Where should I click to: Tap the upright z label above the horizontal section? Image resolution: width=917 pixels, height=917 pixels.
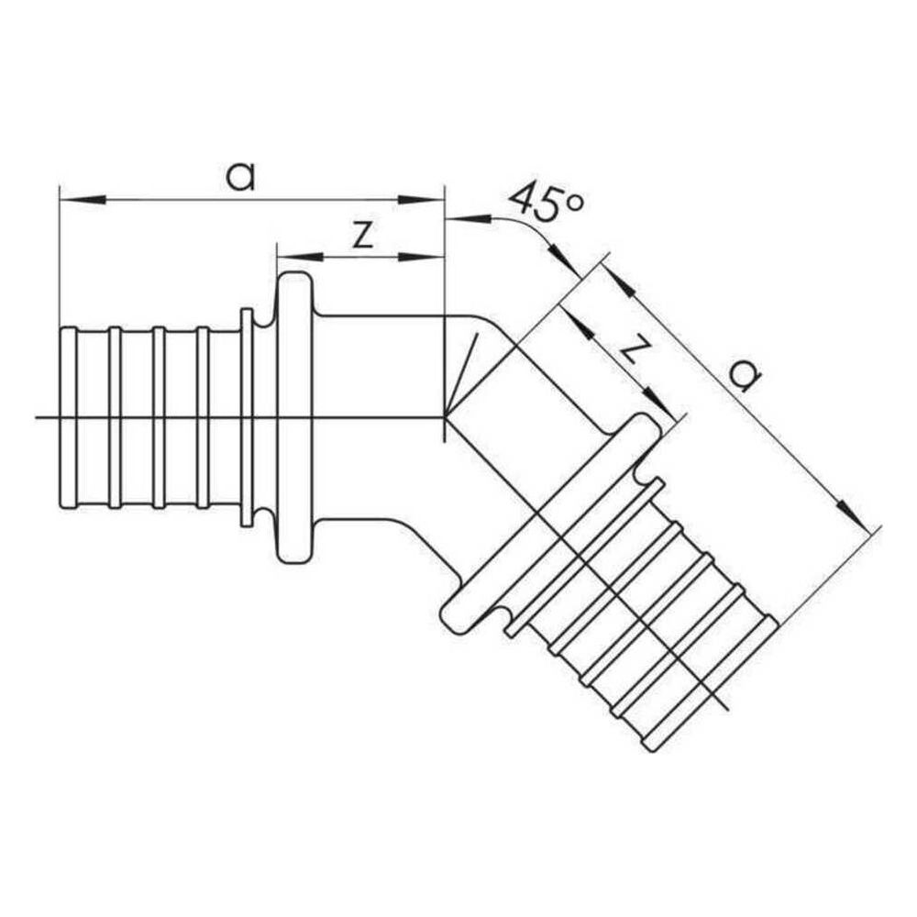click(362, 235)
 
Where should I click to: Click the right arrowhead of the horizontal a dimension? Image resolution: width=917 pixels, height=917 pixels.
click(421, 200)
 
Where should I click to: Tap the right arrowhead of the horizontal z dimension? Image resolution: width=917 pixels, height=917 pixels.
click(421, 257)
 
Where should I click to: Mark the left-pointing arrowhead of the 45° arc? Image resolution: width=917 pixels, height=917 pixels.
click(469, 219)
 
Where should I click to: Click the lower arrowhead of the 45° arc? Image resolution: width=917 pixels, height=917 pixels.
click(562, 260)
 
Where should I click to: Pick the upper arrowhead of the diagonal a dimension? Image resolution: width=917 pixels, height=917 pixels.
click(616, 279)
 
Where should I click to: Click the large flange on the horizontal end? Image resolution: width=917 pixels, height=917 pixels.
click(294, 419)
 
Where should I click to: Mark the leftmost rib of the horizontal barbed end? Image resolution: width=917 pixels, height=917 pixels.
click(69, 417)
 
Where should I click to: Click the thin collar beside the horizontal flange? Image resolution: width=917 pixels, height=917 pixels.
click(247, 417)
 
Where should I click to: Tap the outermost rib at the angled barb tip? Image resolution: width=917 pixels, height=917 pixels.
click(711, 689)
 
